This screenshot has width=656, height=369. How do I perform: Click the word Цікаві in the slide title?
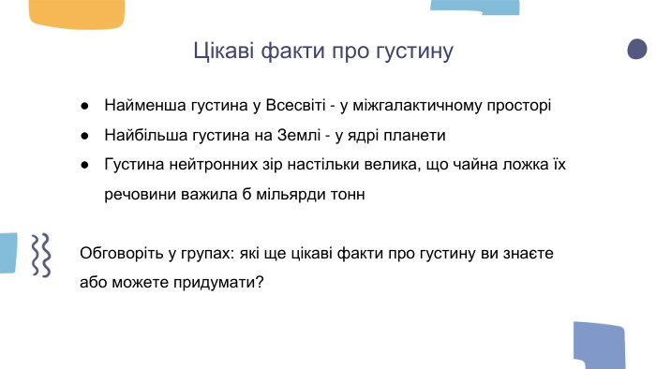pyautogui.click(x=222, y=51)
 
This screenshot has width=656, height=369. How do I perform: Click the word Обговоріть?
pyautogui.click(x=125, y=253)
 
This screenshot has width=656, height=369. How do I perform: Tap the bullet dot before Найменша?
pyautogui.click(x=85, y=105)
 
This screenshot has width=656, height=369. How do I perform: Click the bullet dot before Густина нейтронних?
pyautogui.click(x=85, y=165)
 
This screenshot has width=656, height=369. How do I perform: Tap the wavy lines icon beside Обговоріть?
pyautogui.click(x=41, y=254)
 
